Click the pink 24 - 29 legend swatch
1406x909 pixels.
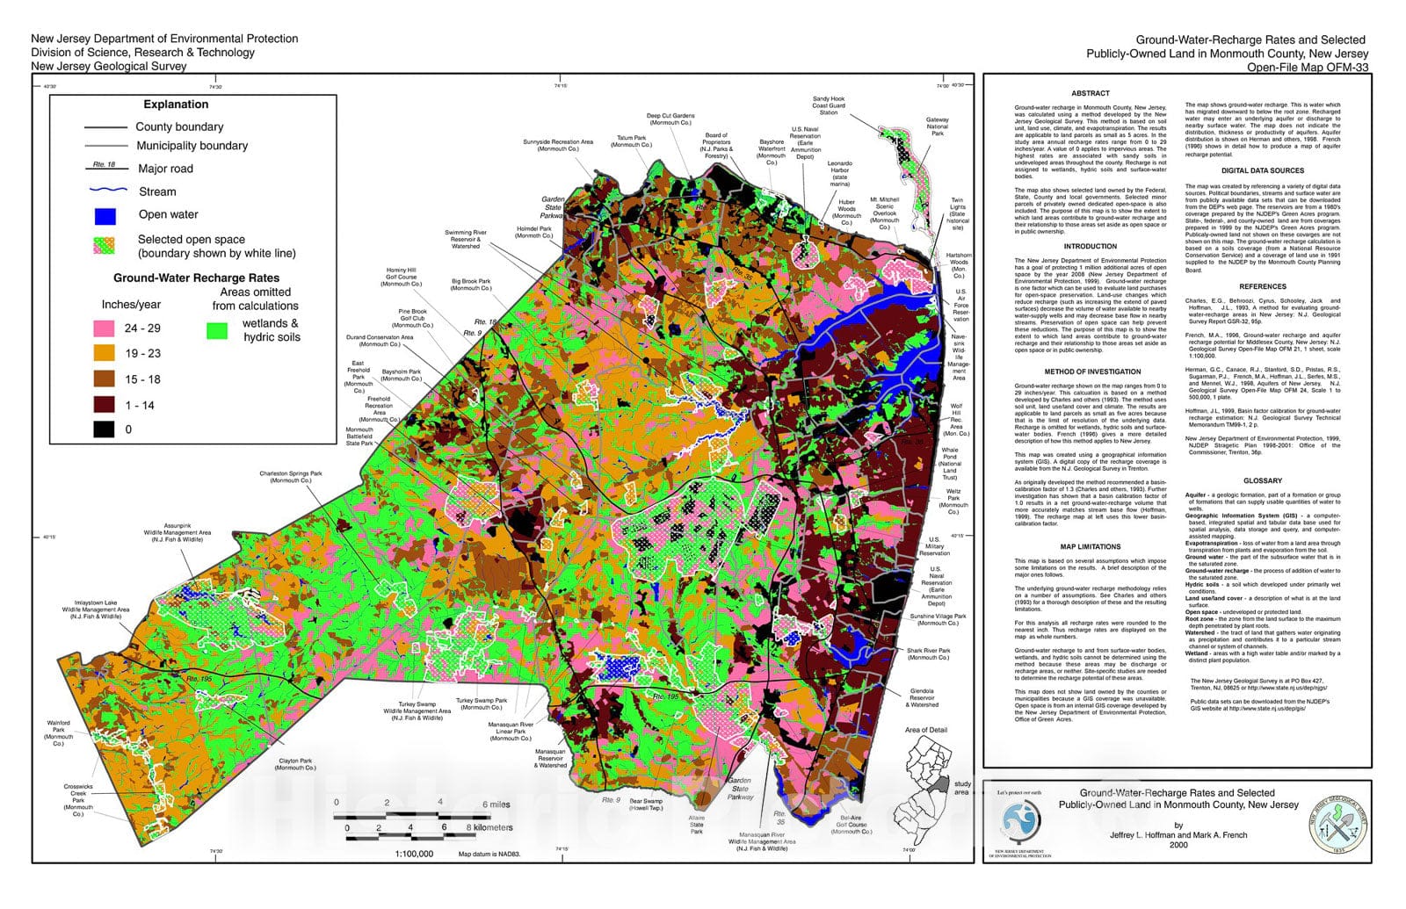click(105, 328)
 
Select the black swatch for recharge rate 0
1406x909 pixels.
click(105, 429)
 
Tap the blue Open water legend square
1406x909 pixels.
click(105, 215)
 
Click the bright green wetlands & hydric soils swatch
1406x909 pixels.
click(216, 330)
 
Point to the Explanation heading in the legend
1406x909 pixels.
click(176, 104)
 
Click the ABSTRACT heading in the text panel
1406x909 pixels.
click(1091, 93)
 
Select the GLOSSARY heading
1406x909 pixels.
click(1262, 481)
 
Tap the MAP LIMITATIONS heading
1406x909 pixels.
click(1091, 546)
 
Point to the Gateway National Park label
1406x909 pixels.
click(937, 126)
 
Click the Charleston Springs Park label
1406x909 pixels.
click(290, 477)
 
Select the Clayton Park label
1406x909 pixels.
click(295, 764)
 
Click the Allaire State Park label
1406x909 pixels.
click(696, 825)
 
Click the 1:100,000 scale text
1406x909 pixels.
click(414, 853)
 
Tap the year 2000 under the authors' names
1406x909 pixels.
click(1178, 845)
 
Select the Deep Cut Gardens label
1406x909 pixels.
click(670, 119)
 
